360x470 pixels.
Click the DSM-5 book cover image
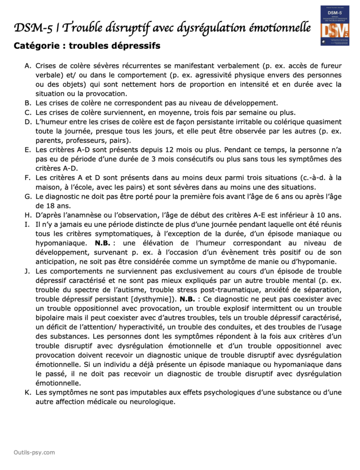[x=335, y=26]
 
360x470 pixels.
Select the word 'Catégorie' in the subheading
[x=35, y=46]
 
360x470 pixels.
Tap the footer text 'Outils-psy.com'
[x=35, y=452]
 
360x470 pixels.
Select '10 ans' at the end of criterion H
[x=328, y=215]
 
